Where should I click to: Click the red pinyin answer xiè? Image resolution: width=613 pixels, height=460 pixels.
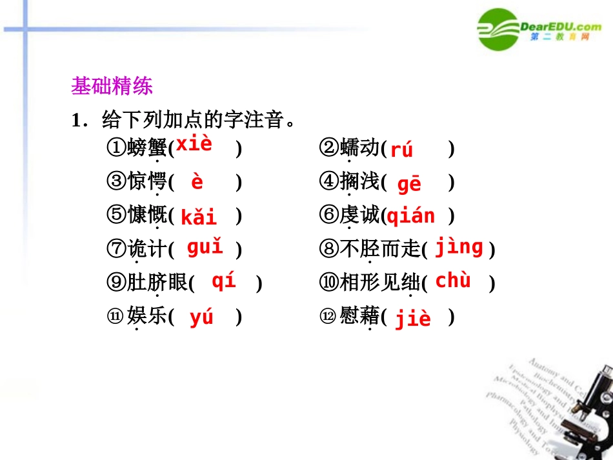pyautogui.click(x=194, y=144)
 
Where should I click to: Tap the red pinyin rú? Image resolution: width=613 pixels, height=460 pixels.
pyautogui.click(x=401, y=150)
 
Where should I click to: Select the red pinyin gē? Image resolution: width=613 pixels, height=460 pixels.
pyautogui.click(x=409, y=185)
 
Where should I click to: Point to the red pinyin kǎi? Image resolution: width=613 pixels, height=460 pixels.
pyautogui.click(x=199, y=217)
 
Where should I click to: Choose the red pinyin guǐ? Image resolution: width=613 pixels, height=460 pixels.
pyautogui.click(x=205, y=246)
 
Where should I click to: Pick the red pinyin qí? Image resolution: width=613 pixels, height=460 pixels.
pyautogui.click(x=223, y=281)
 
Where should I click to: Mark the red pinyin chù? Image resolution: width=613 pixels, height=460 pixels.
pyautogui.click(x=453, y=281)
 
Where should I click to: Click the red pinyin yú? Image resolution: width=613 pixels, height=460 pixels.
pyautogui.click(x=201, y=317)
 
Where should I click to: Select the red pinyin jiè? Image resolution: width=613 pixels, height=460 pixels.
pyautogui.click(x=413, y=318)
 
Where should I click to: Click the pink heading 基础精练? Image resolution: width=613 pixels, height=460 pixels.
pyautogui.click(x=112, y=86)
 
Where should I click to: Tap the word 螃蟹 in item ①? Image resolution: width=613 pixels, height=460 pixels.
pyautogui.click(x=147, y=148)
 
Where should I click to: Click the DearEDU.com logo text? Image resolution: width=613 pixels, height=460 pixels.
pyautogui.click(x=560, y=26)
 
